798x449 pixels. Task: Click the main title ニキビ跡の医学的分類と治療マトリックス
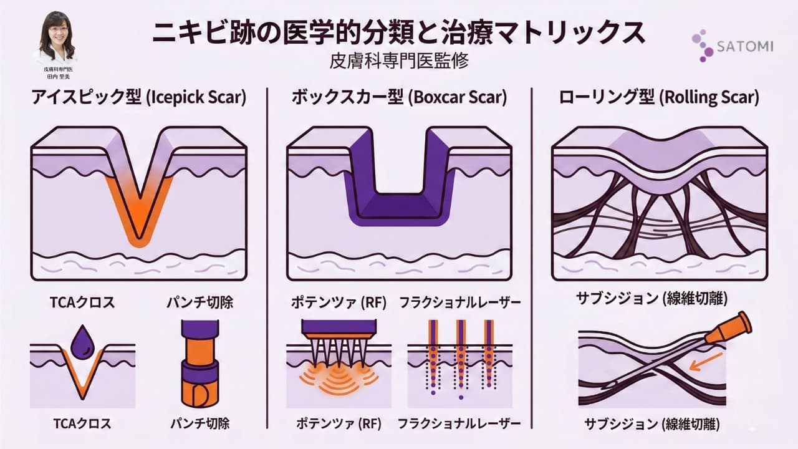[399, 33]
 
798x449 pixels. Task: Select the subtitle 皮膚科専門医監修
[399, 62]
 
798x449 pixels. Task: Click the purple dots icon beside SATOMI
[703, 45]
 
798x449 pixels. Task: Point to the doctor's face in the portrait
[57, 29]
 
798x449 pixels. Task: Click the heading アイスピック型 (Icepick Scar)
[138, 98]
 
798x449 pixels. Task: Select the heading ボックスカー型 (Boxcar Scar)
[399, 98]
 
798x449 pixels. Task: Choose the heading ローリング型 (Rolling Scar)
[658, 98]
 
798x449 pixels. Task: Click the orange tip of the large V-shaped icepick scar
[138, 234]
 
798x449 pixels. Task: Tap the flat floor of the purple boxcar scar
[399, 209]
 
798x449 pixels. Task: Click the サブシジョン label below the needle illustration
[652, 425]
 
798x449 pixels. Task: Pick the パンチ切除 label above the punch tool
[199, 303]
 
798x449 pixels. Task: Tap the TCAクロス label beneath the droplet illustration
[80, 423]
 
